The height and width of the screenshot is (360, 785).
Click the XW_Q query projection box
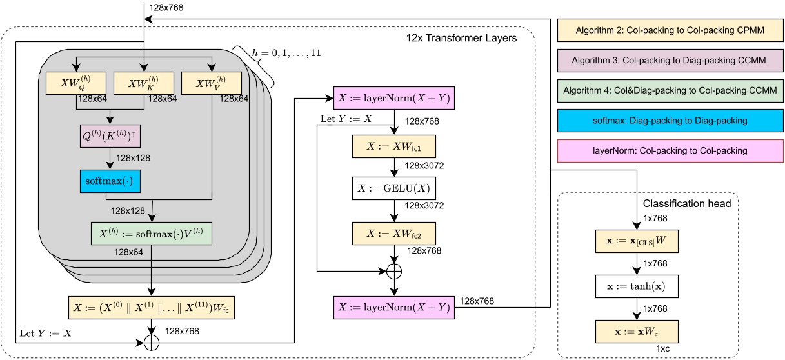coord(77,82)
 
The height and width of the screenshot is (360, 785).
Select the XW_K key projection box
coord(143,82)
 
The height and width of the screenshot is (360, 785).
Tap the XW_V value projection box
coord(211,82)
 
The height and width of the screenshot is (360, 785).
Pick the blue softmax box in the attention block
coord(110,181)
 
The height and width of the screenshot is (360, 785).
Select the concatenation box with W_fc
coord(150,308)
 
